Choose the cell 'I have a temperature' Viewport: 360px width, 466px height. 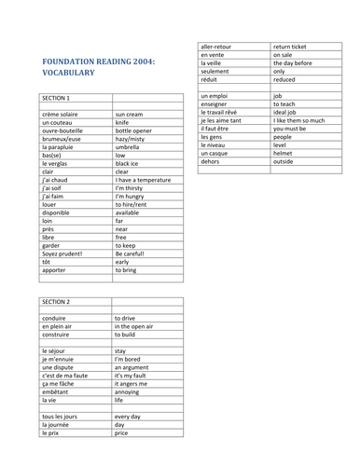144,181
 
